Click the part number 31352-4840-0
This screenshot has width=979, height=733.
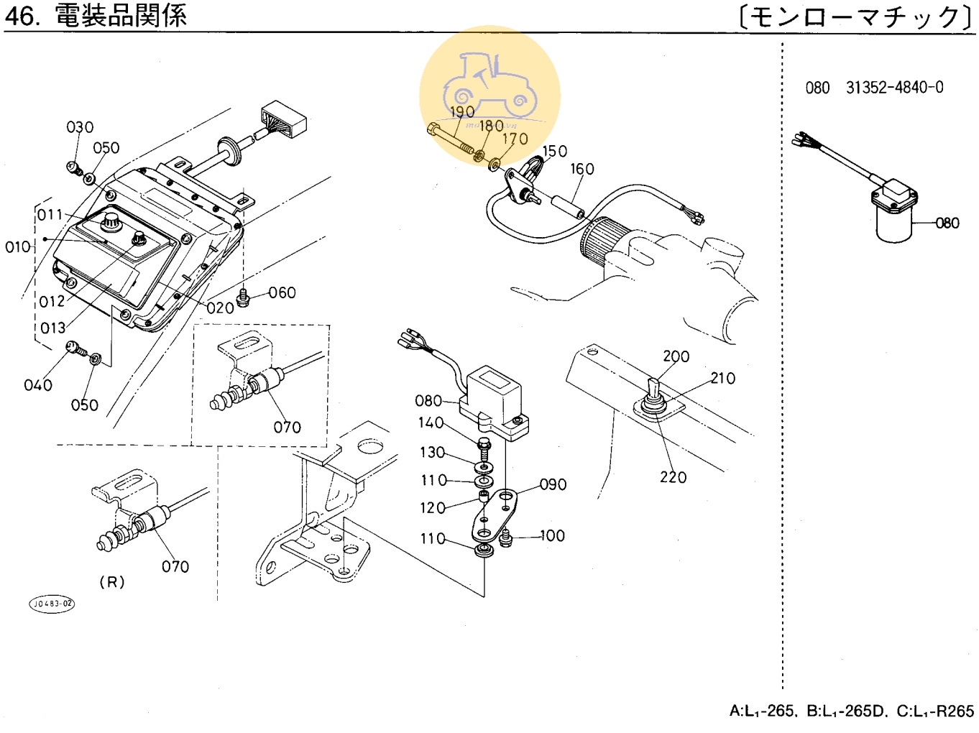tap(894, 88)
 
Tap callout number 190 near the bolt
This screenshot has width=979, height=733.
tap(462, 112)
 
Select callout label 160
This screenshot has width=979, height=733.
tap(582, 169)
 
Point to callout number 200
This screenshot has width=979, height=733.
tap(676, 356)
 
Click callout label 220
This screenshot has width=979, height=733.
tap(673, 477)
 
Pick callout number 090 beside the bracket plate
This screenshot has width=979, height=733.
tap(553, 485)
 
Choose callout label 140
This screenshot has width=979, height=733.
tap(431, 423)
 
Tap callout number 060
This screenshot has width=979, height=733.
tap(282, 292)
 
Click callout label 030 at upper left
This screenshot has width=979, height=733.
tap(80, 127)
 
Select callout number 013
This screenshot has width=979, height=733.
tap(52, 328)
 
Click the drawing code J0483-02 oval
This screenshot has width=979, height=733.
tap(52, 604)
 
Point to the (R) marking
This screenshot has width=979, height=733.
tap(111, 582)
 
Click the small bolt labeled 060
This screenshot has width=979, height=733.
tap(243, 297)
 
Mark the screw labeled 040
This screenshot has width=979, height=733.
tap(75, 349)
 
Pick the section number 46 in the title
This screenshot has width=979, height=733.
tap(22, 16)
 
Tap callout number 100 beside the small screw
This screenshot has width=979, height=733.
tap(552, 536)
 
